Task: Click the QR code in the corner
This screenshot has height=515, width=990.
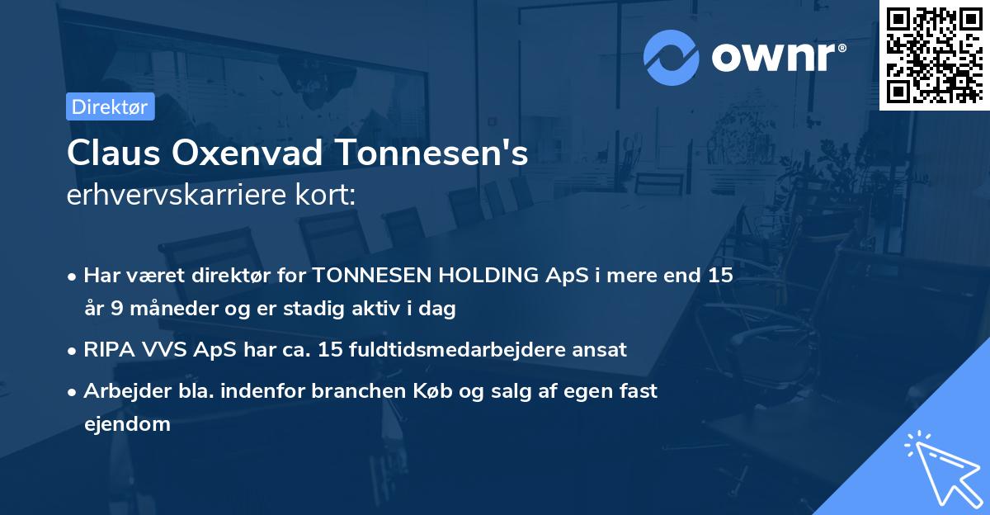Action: click(934, 55)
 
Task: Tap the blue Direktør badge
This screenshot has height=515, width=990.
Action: click(110, 106)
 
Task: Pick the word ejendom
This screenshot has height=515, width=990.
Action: click(127, 424)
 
